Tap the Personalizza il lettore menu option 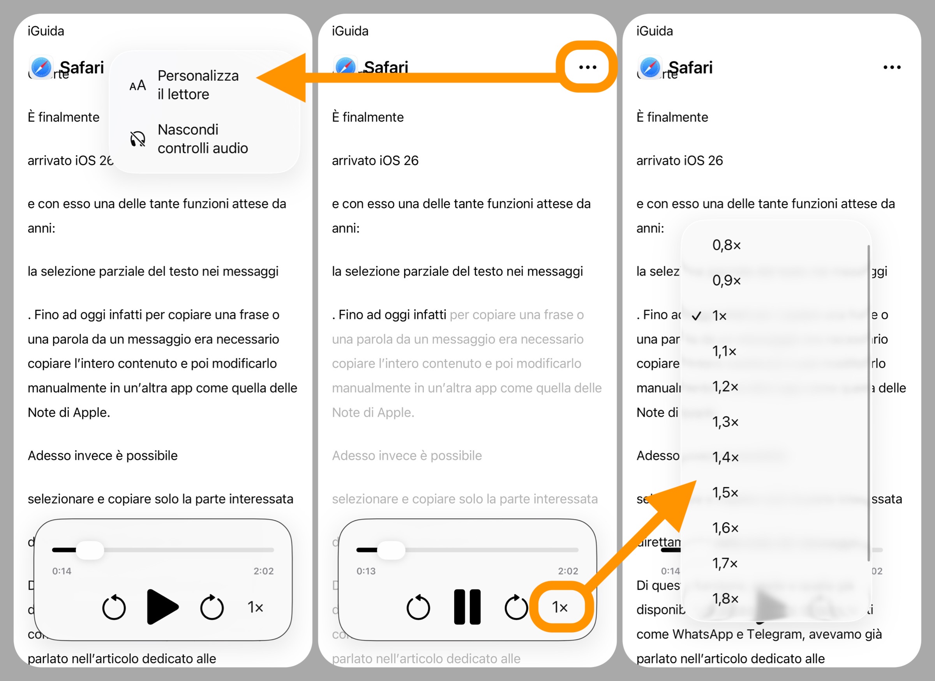coord(198,85)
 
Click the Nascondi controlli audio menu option coord(202,139)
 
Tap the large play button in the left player coord(162,607)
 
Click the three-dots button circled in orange coord(587,67)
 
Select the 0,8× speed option coord(727,245)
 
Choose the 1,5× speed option coord(725,492)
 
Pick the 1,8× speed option coord(725,598)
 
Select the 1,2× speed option coord(725,386)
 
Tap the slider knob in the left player coord(90,550)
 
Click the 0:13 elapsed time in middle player coord(366,571)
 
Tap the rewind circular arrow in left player coord(114,607)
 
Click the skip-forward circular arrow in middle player coord(516,607)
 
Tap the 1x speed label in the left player coord(255,607)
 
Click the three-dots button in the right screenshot coord(892,67)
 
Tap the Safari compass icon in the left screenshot coord(41,67)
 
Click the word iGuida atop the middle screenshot coord(350,31)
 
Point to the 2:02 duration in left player coord(263,571)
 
